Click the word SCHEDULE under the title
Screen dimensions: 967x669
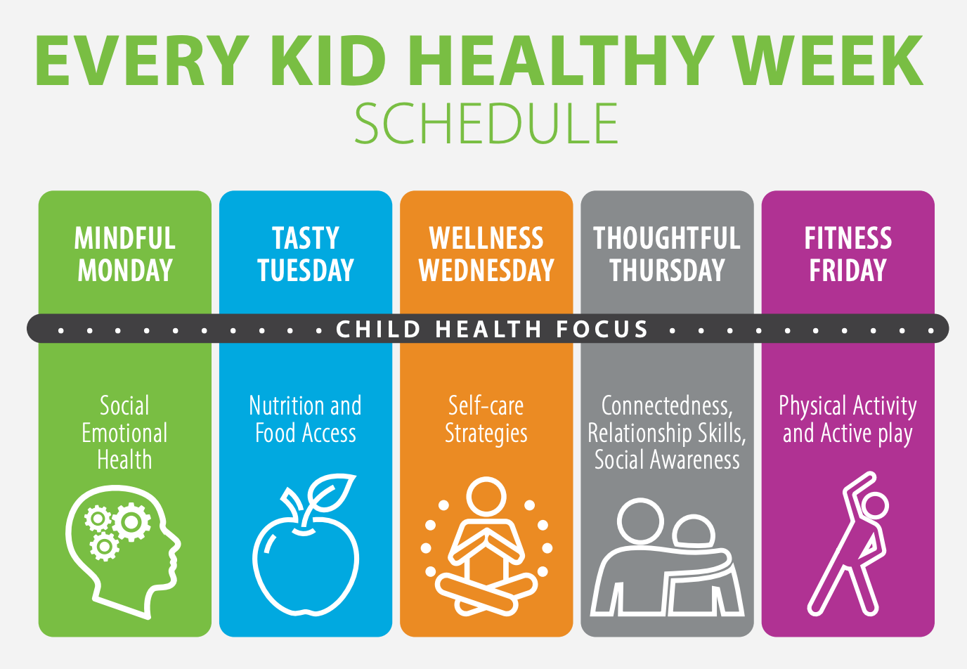[x=486, y=123]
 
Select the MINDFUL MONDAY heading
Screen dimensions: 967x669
[x=125, y=254]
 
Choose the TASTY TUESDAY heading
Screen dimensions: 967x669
[x=306, y=254]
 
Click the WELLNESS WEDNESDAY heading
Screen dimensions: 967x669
[x=486, y=254]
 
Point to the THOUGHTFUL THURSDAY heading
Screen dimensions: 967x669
[x=667, y=254]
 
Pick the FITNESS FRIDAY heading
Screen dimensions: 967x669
[x=848, y=254]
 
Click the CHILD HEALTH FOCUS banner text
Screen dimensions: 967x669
[x=492, y=330]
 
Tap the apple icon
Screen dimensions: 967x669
[x=306, y=545]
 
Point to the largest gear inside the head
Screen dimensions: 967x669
[x=131, y=522]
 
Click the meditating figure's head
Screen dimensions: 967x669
[x=486, y=496]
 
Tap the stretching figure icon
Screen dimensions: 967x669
[x=847, y=544]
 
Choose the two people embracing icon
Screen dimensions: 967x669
[x=667, y=557]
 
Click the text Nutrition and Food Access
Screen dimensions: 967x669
[x=306, y=419]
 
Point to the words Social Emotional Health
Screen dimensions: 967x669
[x=125, y=432]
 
